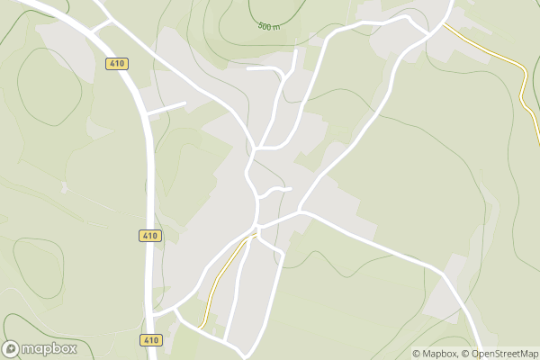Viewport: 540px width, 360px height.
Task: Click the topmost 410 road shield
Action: point(115,63)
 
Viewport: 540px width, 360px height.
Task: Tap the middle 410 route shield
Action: point(150,236)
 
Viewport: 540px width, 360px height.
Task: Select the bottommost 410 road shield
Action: point(150,339)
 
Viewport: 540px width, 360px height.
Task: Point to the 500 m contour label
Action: point(268,28)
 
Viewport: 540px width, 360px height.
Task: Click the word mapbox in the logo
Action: point(49,348)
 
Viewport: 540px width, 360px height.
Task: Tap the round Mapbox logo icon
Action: point(12,348)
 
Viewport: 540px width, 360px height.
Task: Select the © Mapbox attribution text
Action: point(435,354)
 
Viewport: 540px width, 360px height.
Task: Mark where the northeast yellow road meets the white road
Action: point(442,25)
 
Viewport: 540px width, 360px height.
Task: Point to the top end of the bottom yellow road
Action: point(253,236)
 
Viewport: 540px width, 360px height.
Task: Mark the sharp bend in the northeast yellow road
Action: point(523,69)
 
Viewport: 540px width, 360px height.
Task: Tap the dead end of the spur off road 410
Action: point(184,103)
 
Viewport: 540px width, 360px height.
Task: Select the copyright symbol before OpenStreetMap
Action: point(463,354)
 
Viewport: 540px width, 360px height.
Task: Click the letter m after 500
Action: point(275,28)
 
